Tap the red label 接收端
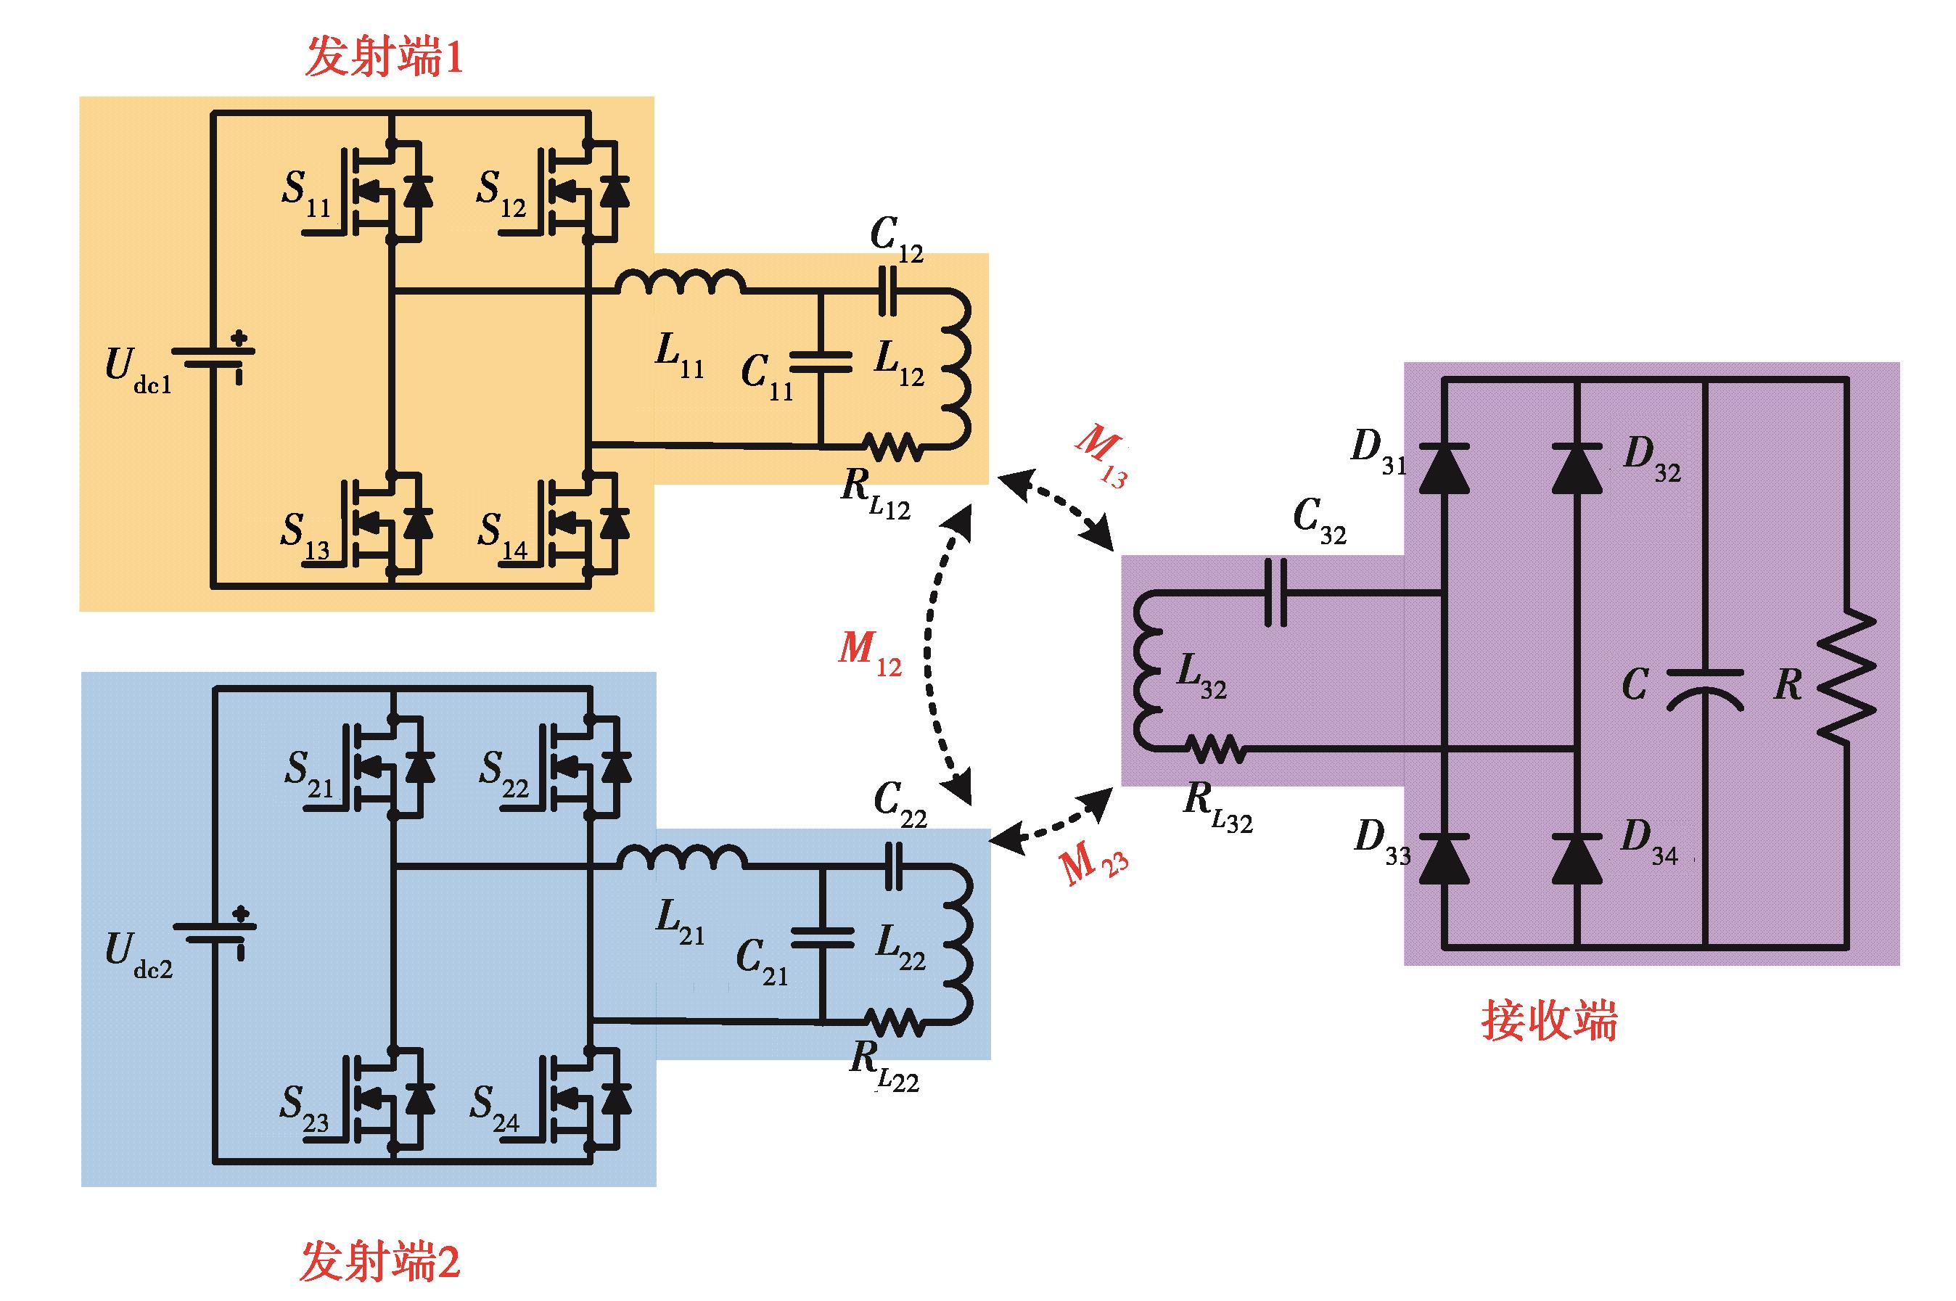click(1549, 1020)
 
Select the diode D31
click(1443, 469)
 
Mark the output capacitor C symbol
click(1705, 689)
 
